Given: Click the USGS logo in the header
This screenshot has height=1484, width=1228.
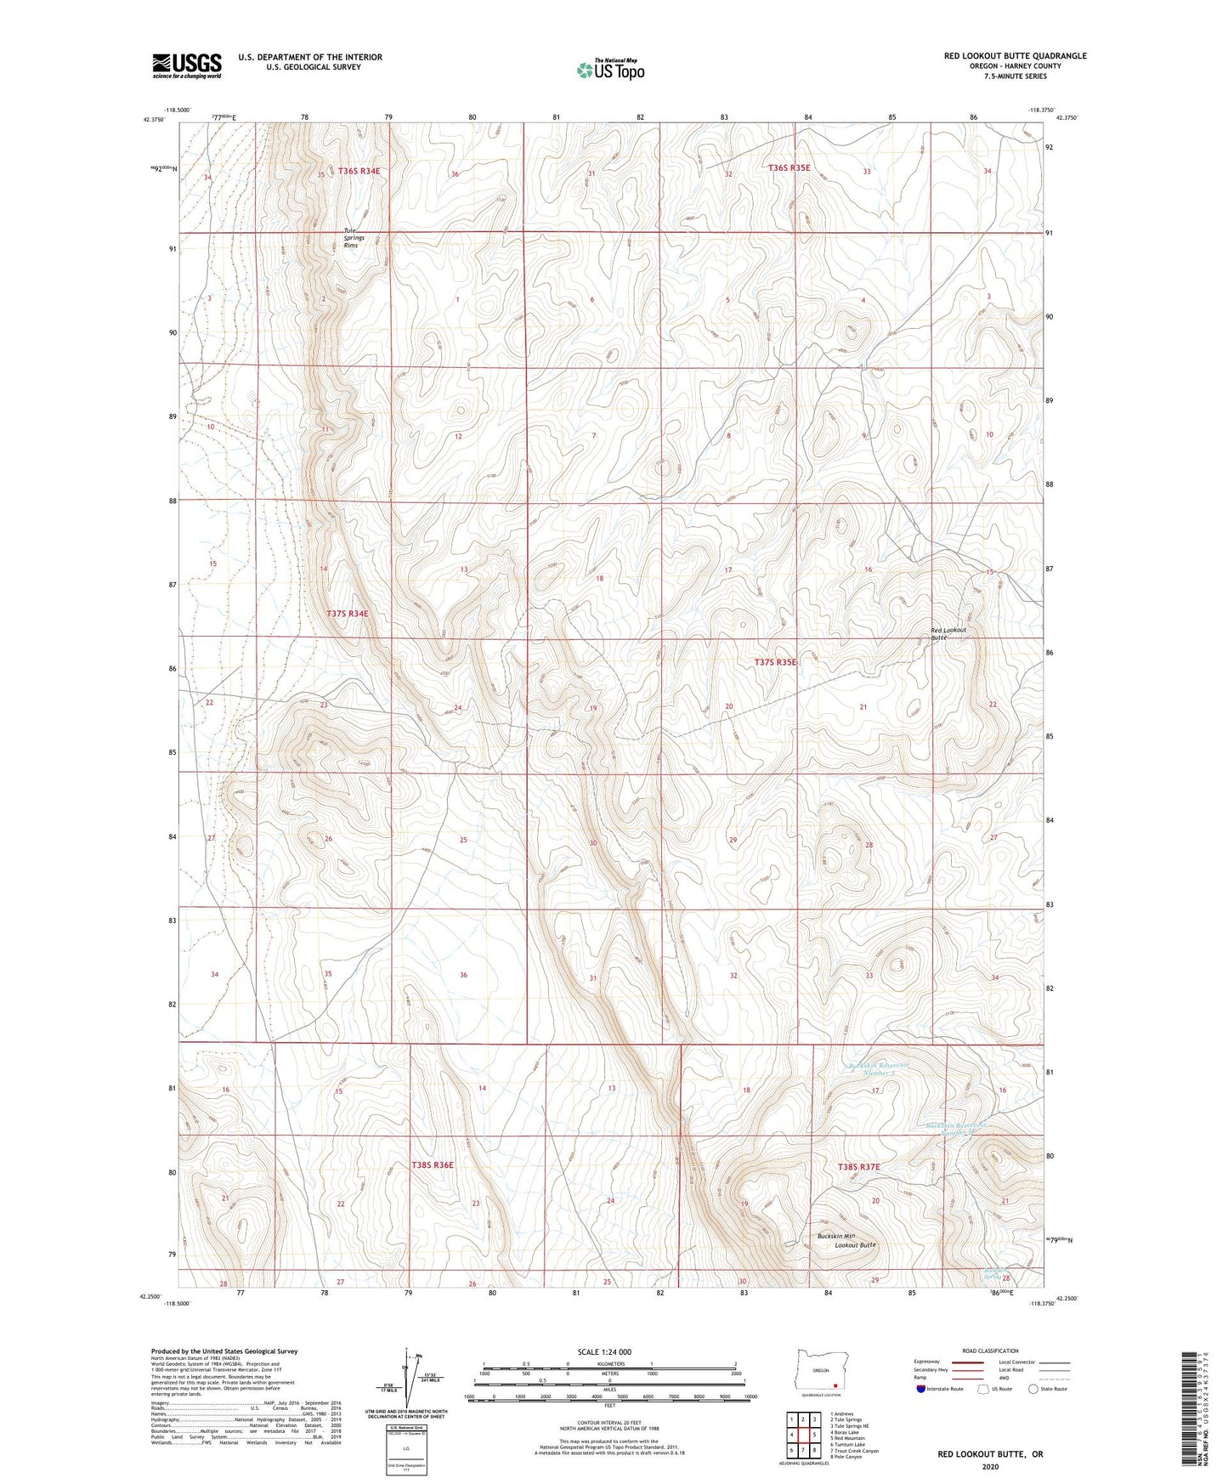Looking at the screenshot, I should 187,65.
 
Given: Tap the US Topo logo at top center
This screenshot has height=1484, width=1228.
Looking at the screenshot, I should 610,70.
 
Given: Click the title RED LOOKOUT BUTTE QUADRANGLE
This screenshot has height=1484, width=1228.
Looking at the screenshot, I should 1015,56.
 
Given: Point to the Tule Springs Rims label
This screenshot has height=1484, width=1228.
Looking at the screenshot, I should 354,238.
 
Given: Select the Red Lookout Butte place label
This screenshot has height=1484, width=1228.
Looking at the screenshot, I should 948,633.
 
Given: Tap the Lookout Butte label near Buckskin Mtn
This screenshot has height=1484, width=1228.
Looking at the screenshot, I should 854,1244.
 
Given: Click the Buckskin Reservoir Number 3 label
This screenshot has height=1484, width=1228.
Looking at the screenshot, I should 879,1068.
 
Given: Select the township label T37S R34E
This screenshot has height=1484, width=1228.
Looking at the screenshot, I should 348,613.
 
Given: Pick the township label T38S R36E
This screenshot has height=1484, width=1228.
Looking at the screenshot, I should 433,1164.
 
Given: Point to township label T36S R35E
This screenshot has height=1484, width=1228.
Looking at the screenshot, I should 789,168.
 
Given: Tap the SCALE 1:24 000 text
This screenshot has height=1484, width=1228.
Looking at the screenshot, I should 604,1351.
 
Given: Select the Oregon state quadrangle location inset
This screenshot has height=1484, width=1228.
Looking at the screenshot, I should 821,1372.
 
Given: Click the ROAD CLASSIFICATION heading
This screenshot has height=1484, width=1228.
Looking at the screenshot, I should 990,1351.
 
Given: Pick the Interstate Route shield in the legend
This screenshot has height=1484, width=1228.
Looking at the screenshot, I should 922,1390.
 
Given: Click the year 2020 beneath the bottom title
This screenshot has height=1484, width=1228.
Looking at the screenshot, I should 990,1466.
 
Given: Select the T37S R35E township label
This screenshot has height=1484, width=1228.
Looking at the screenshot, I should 777,661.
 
